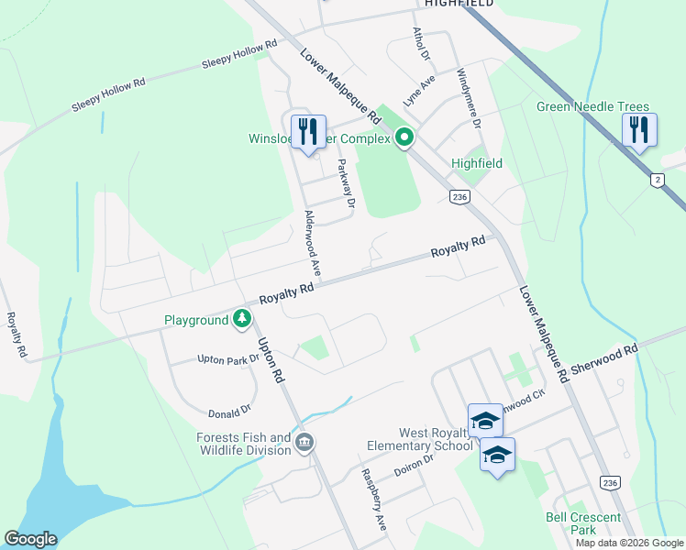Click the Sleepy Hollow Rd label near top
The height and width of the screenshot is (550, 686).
click(239, 54)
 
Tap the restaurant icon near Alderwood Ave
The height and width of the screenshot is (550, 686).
click(308, 131)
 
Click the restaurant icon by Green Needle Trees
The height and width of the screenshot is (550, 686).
click(639, 130)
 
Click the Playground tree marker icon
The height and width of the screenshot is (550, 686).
click(242, 319)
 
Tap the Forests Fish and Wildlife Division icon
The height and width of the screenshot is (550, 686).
click(305, 444)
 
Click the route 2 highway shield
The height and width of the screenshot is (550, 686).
click(657, 180)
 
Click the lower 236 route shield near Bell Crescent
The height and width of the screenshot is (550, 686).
click(609, 482)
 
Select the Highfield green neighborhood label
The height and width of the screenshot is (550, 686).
click(477, 163)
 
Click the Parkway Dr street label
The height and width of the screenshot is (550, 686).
click(345, 183)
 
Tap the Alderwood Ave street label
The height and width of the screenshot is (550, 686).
click(313, 243)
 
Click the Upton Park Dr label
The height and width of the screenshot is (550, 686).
click(228, 360)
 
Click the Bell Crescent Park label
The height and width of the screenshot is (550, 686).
click(583, 523)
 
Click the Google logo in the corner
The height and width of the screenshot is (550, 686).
click(30, 539)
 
